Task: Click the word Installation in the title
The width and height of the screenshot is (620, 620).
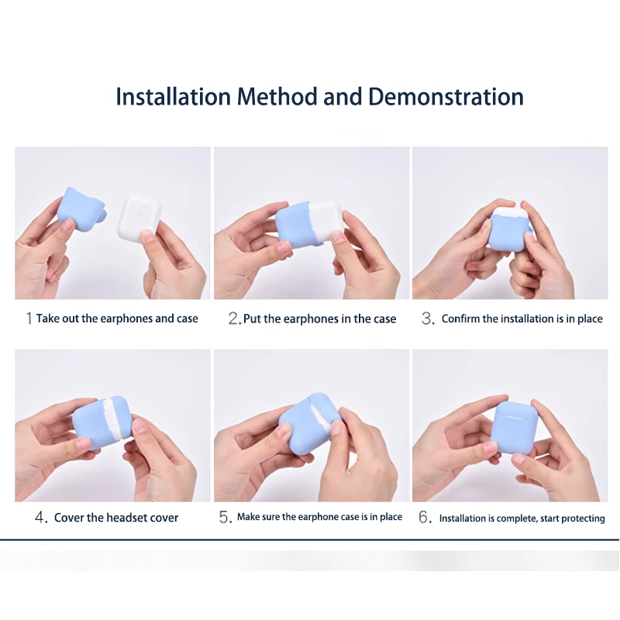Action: point(173,96)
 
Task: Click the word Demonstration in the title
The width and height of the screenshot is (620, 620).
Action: point(446,96)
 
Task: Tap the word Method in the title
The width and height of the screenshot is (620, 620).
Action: point(277,96)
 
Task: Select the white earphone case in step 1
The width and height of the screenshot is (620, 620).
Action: point(139,218)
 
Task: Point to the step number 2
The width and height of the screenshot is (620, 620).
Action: point(234,319)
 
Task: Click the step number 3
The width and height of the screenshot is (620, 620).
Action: point(428,319)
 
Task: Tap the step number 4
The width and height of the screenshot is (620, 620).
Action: point(41,517)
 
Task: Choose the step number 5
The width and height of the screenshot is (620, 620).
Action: point(226,517)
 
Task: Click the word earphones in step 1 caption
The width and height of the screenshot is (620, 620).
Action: point(126,319)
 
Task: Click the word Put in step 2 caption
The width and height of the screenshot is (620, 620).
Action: point(252,319)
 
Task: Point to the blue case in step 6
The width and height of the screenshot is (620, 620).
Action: point(515,428)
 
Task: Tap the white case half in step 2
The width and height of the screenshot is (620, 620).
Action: point(325,220)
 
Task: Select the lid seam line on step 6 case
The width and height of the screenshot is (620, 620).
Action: point(509,417)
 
